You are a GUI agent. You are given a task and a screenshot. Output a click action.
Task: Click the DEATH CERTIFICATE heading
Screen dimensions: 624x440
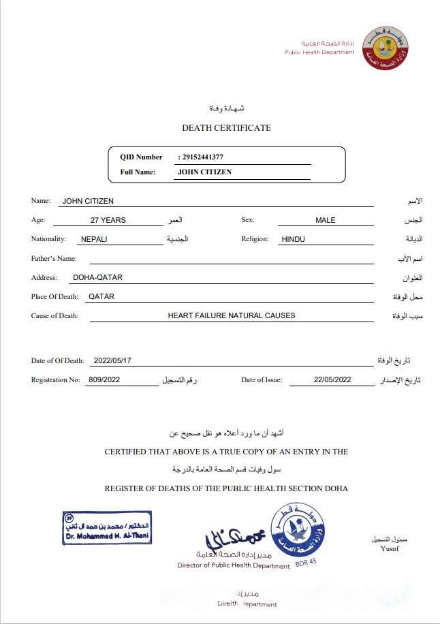click(x=226, y=128)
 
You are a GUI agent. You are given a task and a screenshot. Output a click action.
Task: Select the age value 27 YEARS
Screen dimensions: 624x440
click(x=108, y=220)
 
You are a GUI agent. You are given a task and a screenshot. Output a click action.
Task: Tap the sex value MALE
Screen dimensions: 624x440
click(x=326, y=220)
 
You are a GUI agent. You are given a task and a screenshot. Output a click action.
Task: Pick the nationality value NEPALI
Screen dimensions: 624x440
click(x=93, y=239)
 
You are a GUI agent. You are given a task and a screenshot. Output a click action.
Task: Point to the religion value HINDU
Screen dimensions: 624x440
click(x=293, y=239)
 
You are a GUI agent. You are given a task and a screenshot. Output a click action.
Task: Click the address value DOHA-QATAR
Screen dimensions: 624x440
click(x=97, y=277)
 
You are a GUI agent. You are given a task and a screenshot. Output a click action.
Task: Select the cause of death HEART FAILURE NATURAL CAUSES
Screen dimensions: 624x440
click(x=232, y=315)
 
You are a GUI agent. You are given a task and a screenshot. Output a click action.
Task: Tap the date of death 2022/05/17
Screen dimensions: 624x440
click(x=112, y=361)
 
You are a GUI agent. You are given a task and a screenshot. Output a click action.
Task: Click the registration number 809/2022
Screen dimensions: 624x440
click(x=104, y=380)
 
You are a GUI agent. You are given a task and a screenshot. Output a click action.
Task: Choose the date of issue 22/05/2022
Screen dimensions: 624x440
click(x=332, y=380)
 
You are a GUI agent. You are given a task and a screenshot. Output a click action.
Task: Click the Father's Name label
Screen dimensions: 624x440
click(x=54, y=258)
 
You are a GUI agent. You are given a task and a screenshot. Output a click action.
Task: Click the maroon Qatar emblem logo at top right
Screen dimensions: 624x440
click(x=385, y=47)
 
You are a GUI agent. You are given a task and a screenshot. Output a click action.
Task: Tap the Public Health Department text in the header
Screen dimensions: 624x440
click(x=319, y=52)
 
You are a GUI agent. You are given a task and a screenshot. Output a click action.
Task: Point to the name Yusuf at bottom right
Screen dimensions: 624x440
click(x=390, y=549)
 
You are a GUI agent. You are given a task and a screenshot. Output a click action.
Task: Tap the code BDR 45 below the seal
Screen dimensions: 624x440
click(x=306, y=563)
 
